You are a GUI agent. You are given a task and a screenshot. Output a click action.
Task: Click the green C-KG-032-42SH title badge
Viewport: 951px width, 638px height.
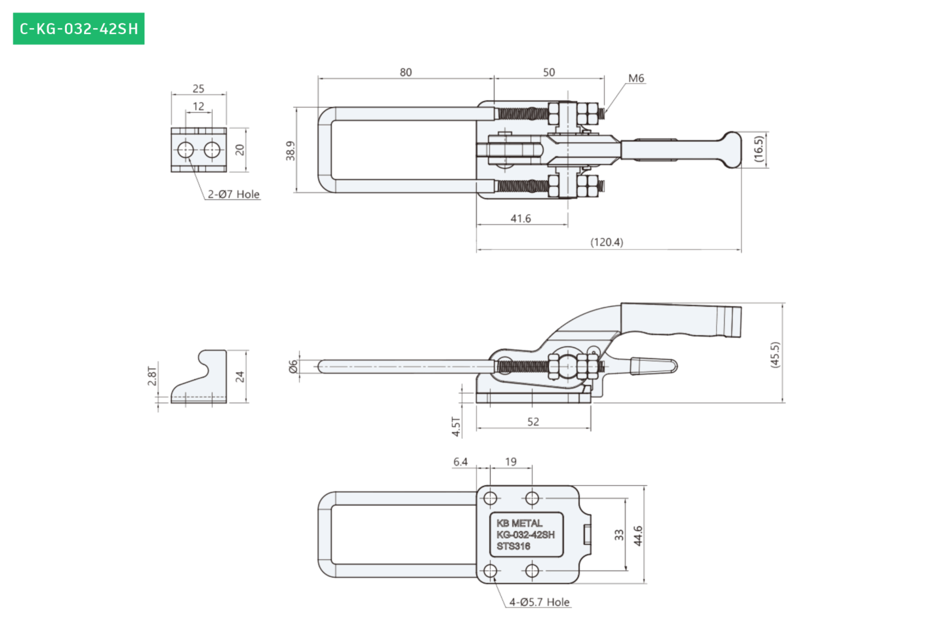(x=79, y=28)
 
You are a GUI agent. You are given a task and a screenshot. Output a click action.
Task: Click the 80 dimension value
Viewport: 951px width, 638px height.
(x=405, y=72)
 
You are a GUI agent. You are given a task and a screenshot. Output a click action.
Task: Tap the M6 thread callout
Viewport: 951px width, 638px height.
(x=636, y=78)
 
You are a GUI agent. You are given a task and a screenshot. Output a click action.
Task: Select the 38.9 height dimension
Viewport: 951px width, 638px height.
(x=291, y=151)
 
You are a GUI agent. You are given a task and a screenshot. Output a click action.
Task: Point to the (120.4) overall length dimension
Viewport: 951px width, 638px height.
(x=607, y=242)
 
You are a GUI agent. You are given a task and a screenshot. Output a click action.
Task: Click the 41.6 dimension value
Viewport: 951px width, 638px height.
(x=521, y=218)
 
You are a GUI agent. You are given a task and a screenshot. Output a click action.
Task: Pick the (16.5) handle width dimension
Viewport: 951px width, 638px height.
(x=759, y=149)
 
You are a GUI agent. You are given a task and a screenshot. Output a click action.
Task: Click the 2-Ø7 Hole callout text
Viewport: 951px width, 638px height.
(x=233, y=194)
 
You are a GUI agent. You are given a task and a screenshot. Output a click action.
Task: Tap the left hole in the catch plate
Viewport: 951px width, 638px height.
(x=186, y=150)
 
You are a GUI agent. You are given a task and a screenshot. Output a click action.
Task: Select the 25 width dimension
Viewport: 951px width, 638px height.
(x=198, y=89)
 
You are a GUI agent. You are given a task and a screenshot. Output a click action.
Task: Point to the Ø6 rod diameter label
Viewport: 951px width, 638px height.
(x=293, y=367)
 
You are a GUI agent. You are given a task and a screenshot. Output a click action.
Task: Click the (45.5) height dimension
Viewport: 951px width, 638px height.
(x=775, y=355)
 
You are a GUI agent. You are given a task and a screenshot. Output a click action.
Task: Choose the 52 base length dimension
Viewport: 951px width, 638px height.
(x=533, y=422)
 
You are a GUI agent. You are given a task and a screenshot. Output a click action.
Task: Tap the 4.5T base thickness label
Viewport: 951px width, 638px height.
(x=456, y=427)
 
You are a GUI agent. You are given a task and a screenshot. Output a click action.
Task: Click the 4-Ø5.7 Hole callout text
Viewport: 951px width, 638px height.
(x=539, y=602)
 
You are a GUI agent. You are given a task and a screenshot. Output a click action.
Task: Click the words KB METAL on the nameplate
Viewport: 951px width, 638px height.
(x=519, y=523)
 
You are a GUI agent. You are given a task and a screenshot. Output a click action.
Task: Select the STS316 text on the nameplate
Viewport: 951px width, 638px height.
(x=514, y=546)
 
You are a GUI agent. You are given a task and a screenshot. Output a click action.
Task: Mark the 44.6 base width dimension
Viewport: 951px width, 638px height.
(x=638, y=536)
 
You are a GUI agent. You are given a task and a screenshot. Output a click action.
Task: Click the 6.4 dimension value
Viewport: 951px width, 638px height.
(x=460, y=462)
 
